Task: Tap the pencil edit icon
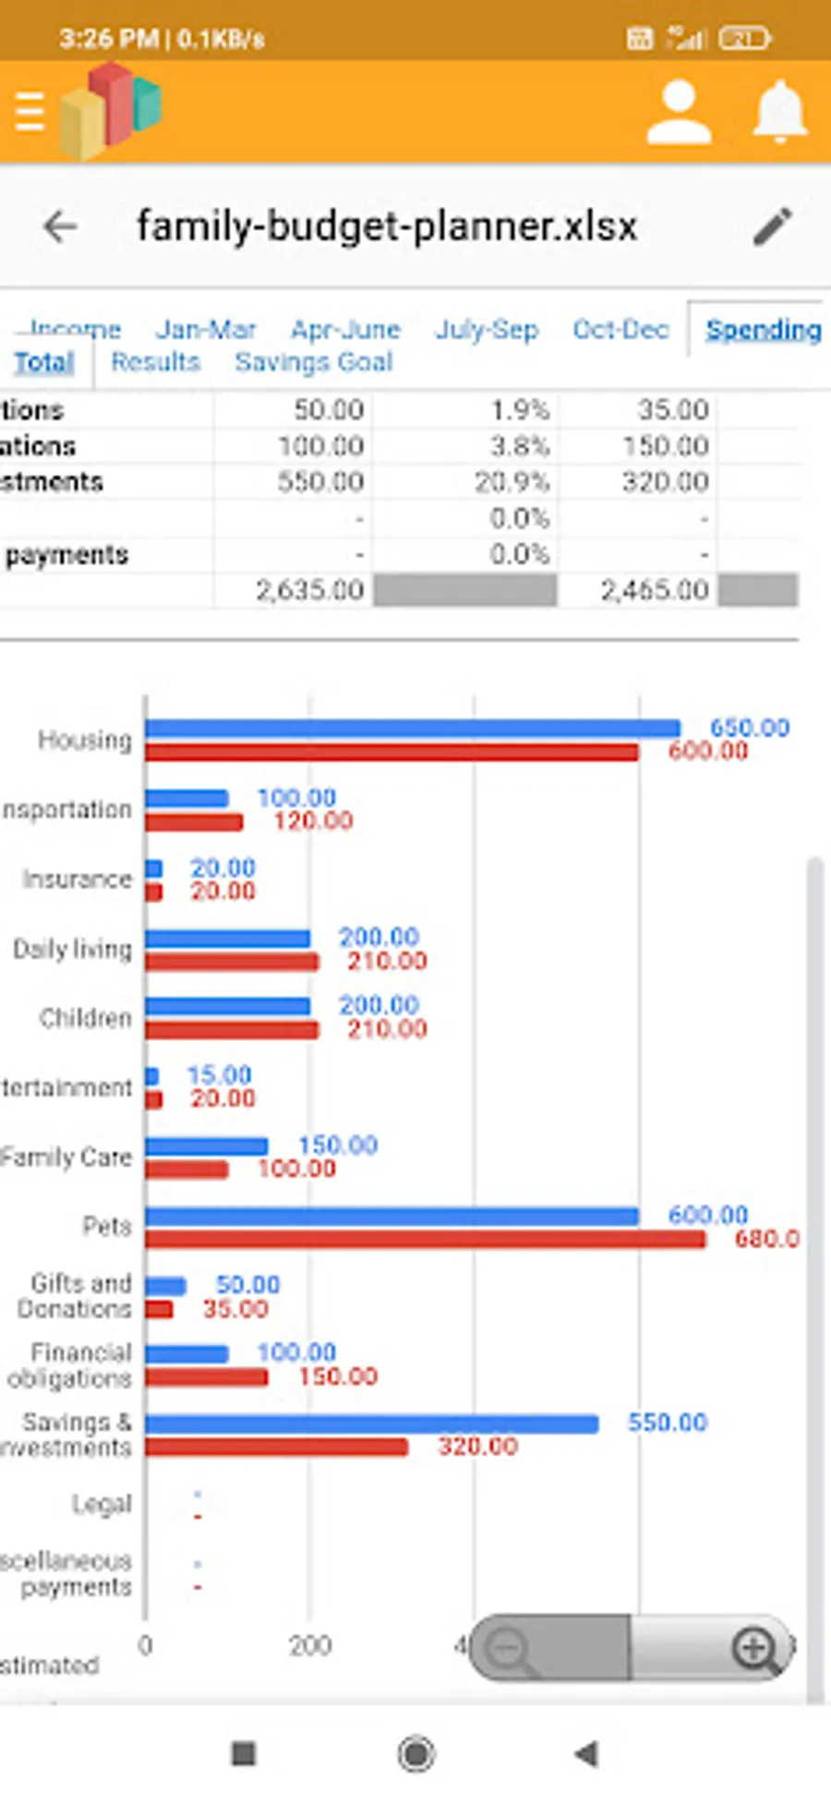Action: [772, 226]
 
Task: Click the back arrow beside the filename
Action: [60, 226]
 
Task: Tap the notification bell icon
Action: [780, 112]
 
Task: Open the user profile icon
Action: [679, 113]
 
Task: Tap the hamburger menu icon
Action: [30, 112]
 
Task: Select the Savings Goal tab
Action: [313, 362]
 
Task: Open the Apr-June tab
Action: [345, 330]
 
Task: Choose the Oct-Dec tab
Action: [620, 330]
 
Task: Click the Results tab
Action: [155, 362]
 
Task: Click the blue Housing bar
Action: [412, 729]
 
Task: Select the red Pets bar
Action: [425, 1240]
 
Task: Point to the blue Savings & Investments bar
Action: [371, 1424]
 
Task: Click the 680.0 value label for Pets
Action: [766, 1239]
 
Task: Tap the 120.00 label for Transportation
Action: [313, 821]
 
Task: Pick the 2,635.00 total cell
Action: [309, 590]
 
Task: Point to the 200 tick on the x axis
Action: [309, 1645]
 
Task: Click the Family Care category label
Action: [66, 1157]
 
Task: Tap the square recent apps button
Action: [244, 1753]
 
